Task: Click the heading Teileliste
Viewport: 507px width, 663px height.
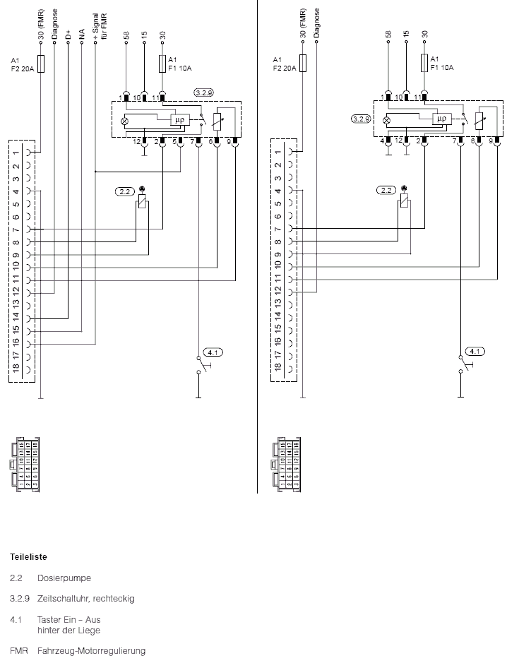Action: click(x=28, y=556)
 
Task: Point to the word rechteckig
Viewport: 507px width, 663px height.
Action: click(x=113, y=599)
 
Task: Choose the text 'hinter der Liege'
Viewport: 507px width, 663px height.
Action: click(x=68, y=630)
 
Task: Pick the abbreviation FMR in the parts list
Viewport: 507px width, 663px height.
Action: click(x=18, y=650)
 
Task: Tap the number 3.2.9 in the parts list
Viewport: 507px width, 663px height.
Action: click(x=18, y=599)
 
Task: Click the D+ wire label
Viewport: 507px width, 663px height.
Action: click(x=68, y=32)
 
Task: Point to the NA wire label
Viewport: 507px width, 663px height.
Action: click(x=82, y=32)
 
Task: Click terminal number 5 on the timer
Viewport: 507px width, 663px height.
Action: click(x=172, y=142)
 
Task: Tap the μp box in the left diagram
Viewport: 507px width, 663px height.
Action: click(x=180, y=119)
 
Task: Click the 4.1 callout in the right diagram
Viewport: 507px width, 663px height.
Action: click(x=475, y=351)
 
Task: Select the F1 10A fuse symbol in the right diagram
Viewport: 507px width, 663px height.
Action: click(x=425, y=62)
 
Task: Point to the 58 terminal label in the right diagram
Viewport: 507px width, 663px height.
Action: click(x=388, y=33)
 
